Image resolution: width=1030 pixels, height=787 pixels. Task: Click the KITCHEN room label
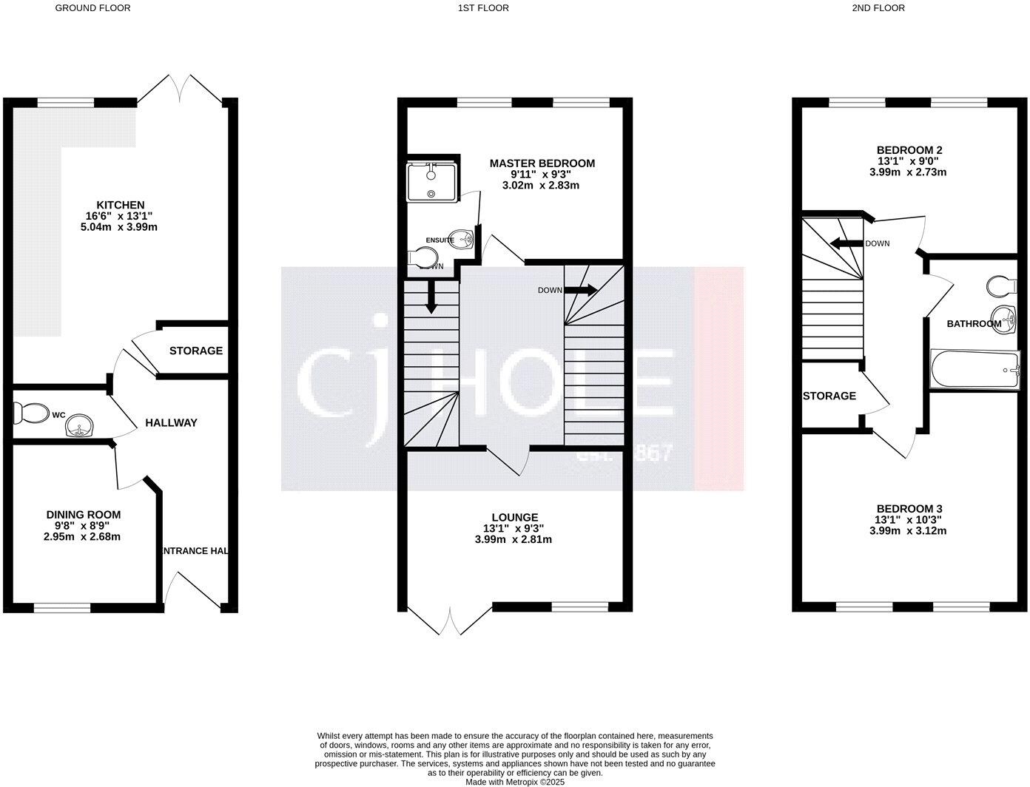pos(120,205)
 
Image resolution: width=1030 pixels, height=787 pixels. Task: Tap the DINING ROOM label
pos(83,515)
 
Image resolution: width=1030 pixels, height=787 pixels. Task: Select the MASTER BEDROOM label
pos(542,163)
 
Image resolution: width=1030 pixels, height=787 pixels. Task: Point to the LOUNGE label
pos(514,517)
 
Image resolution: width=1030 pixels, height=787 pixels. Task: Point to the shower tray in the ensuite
pos(432,182)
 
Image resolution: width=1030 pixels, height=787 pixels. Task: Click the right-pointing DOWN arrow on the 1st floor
pos(581,290)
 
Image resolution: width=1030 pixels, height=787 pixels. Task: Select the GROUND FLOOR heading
pos(93,8)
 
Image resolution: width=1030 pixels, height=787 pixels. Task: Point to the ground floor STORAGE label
pos(195,351)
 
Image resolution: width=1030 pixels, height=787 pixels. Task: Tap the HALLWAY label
pos(171,423)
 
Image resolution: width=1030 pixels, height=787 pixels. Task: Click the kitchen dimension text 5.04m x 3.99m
pos(120,227)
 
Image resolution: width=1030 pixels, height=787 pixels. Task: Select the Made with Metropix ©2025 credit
pos(514,781)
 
